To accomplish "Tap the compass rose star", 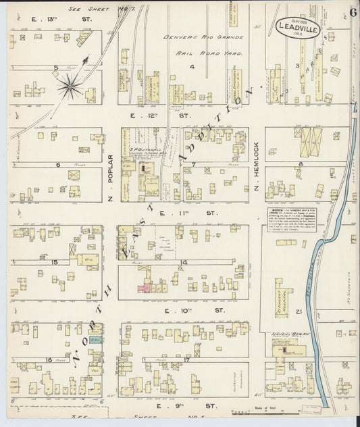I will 70,84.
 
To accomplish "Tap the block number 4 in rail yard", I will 192,66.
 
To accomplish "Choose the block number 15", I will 54,262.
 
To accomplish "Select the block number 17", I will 184,360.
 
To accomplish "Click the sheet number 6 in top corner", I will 353,12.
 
